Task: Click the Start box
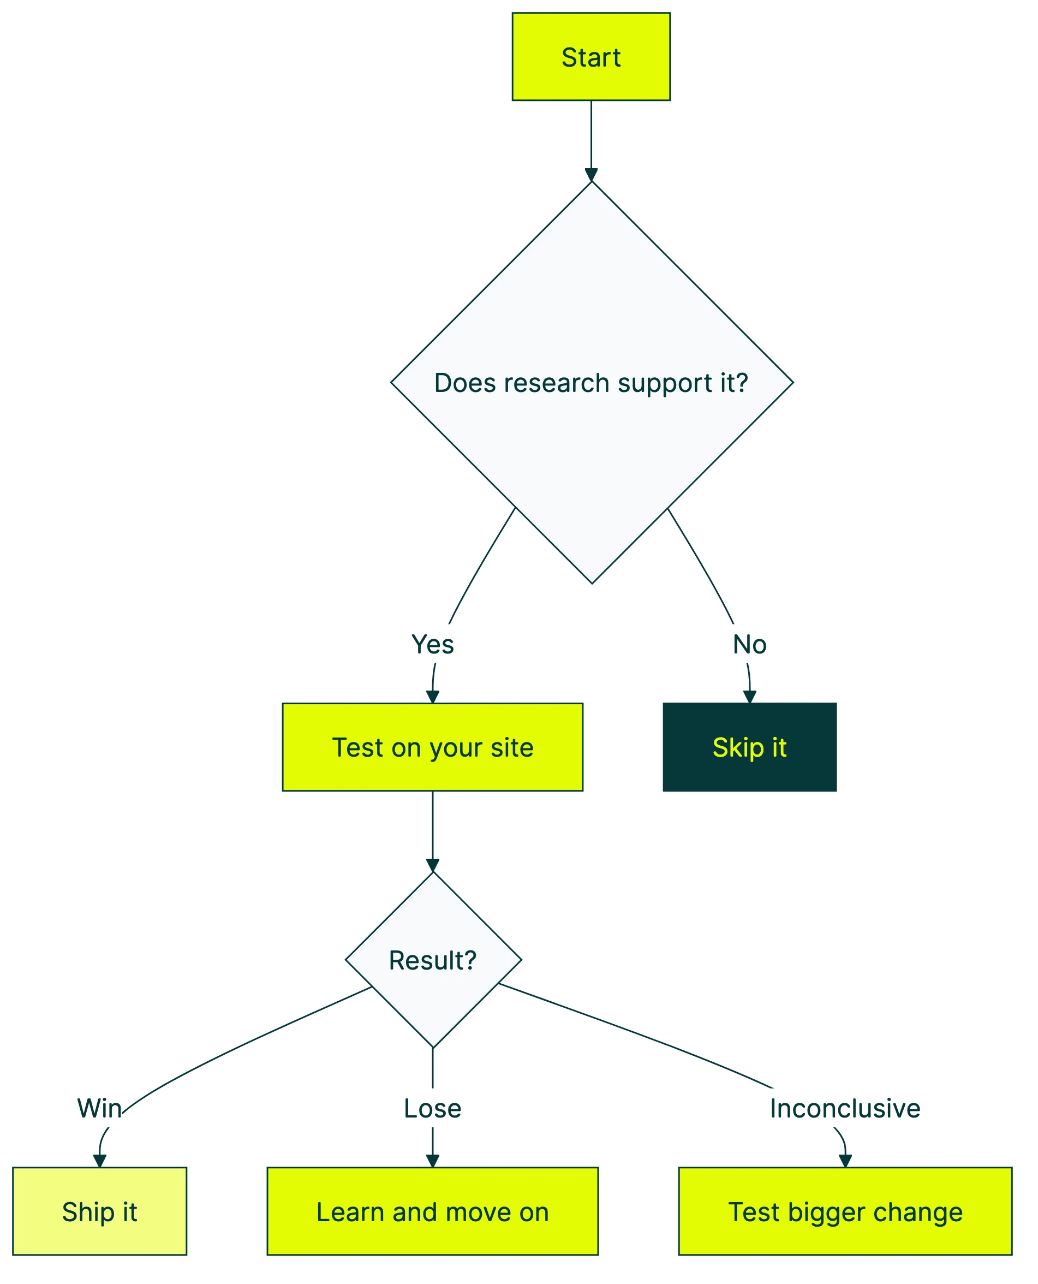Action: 590,57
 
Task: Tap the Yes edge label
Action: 432,644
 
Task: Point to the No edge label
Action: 749,644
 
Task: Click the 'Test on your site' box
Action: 432,747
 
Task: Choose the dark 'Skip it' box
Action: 749,747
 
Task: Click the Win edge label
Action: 99,1108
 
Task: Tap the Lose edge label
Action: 432,1108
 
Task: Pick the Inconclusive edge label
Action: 844,1108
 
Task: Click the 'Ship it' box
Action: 99,1211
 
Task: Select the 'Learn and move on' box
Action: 432,1211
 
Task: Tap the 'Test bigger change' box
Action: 845,1211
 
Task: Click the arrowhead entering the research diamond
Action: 590,175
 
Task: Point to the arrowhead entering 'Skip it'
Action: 749,697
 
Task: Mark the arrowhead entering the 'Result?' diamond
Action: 432,865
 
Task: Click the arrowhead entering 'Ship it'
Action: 100,1161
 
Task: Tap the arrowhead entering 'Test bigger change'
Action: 844,1161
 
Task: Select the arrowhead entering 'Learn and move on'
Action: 432,1161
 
